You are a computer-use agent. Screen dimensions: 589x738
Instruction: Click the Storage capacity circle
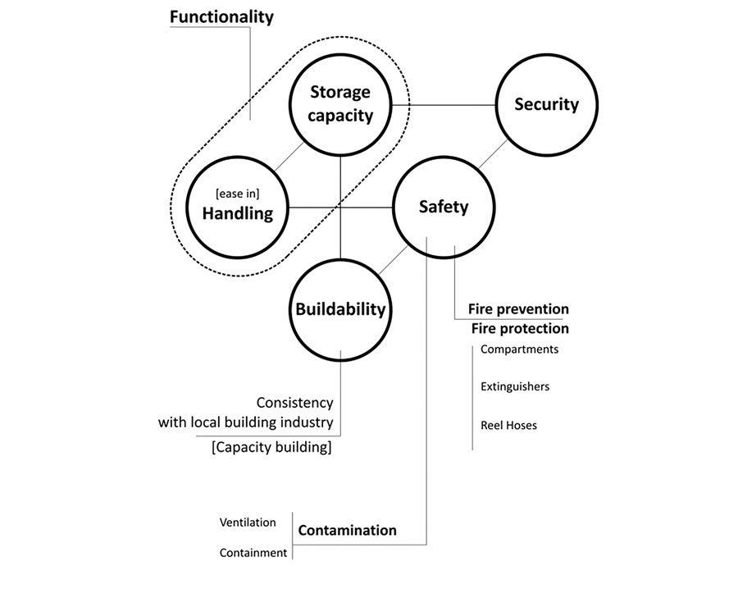[x=340, y=104]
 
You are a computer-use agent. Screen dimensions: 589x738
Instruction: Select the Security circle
[x=546, y=104]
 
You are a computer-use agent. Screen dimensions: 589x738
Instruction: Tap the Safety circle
[x=444, y=207]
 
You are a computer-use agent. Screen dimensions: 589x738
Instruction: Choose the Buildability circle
[x=340, y=309]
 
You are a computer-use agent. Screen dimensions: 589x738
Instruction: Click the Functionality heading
[x=221, y=16]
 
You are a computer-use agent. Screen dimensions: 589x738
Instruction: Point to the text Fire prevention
[x=518, y=309]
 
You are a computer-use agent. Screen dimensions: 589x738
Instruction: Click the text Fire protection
[x=520, y=328]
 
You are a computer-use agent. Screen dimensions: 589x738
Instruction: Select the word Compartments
[x=519, y=349]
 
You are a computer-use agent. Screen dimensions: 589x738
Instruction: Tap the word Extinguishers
[x=515, y=386]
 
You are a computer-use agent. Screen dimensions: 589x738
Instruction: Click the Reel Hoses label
[x=509, y=425]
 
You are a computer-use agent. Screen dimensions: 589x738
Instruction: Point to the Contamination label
[x=347, y=530]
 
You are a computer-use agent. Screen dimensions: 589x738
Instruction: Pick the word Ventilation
[x=248, y=522]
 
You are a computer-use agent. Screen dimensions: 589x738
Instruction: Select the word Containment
[x=253, y=553]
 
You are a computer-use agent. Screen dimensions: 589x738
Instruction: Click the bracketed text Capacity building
[x=271, y=448]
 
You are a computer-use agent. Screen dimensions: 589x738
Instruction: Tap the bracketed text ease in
[x=238, y=193]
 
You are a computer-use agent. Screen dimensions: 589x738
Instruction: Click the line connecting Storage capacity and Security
[x=444, y=104]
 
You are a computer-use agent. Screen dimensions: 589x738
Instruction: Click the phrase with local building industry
[x=245, y=423]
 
